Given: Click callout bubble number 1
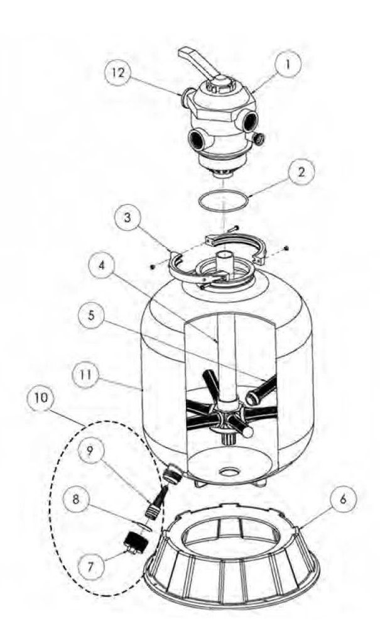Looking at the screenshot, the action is coord(288,64).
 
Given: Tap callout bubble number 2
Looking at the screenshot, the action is coord(301,172).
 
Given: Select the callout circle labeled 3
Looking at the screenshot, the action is coord(127,218).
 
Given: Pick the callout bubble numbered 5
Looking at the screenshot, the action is coord(92,316).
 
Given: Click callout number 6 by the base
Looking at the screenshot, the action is coord(343,498).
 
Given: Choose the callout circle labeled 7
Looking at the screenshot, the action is coord(91,566).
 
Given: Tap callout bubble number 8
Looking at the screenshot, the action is coord(76,499).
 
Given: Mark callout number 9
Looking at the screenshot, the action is coord(90,450).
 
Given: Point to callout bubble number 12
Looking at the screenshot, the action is coord(118,73).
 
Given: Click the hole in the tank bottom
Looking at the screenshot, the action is coord(229,471).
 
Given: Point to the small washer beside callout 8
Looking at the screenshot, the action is coord(146,527).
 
